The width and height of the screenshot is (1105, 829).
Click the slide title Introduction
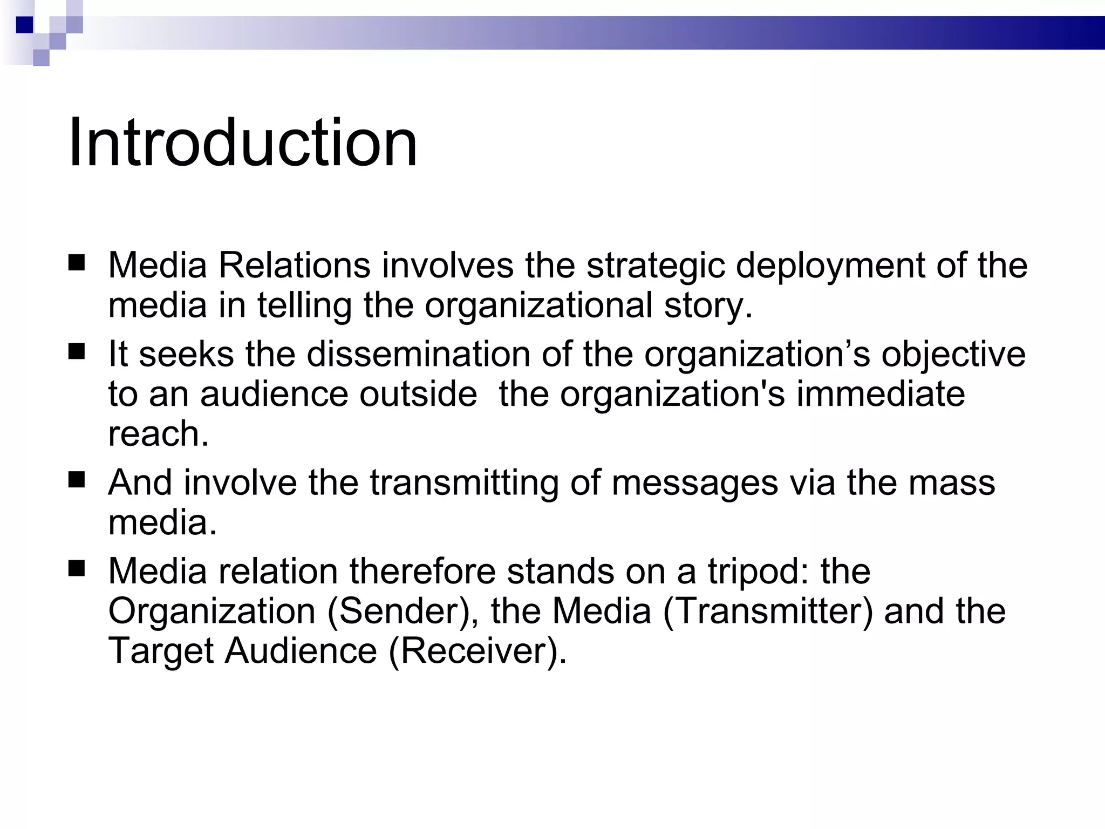(243, 144)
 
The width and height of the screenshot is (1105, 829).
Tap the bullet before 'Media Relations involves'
(77, 263)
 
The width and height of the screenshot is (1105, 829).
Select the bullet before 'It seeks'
(77, 352)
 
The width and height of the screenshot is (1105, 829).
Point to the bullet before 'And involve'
(77, 480)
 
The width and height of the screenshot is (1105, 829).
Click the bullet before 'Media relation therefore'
(77, 568)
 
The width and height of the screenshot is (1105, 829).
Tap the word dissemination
(419, 355)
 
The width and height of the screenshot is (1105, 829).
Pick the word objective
(953, 355)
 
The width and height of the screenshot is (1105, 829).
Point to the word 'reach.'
(158, 434)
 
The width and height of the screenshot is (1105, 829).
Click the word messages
(695, 483)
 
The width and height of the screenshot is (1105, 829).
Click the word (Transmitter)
(767, 611)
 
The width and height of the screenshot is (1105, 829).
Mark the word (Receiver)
(478, 651)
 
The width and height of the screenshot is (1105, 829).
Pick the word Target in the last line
(161, 651)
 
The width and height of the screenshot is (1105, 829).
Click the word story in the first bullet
(708, 306)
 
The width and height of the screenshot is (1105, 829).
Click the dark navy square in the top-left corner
(25, 25)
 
